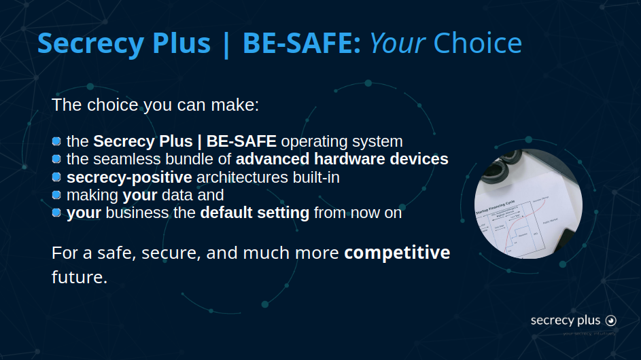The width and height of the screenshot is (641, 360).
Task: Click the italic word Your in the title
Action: pyautogui.click(x=397, y=43)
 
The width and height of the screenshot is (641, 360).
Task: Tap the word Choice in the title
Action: pyautogui.click(x=477, y=43)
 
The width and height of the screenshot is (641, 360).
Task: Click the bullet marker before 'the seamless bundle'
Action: pyautogui.click(x=57, y=160)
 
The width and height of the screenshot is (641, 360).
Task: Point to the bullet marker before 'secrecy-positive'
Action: pyautogui.click(x=57, y=177)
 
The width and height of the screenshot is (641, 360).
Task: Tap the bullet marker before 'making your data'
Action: pyautogui.click(x=57, y=195)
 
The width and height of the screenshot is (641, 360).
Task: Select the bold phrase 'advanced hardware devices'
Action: pyautogui.click(x=342, y=160)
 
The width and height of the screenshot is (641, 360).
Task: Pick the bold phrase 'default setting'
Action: pyautogui.click(x=254, y=213)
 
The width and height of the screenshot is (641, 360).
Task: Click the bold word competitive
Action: pyautogui.click(x=397, y=253)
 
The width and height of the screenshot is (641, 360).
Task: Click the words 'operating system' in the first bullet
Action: pyautogui.click(x=341, y=142)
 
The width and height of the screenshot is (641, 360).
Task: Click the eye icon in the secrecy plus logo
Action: pyautogui.click(x=610, y=321)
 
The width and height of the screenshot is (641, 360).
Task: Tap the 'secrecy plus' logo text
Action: pyautogui.click(x=566, y=321)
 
